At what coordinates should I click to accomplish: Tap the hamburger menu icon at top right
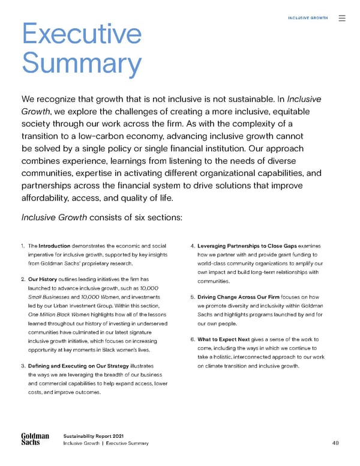(342, 18)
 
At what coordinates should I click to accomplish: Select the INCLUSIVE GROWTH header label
(308, 18)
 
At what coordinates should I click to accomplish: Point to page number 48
(335, 444)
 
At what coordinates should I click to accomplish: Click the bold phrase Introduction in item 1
(55, 246)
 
